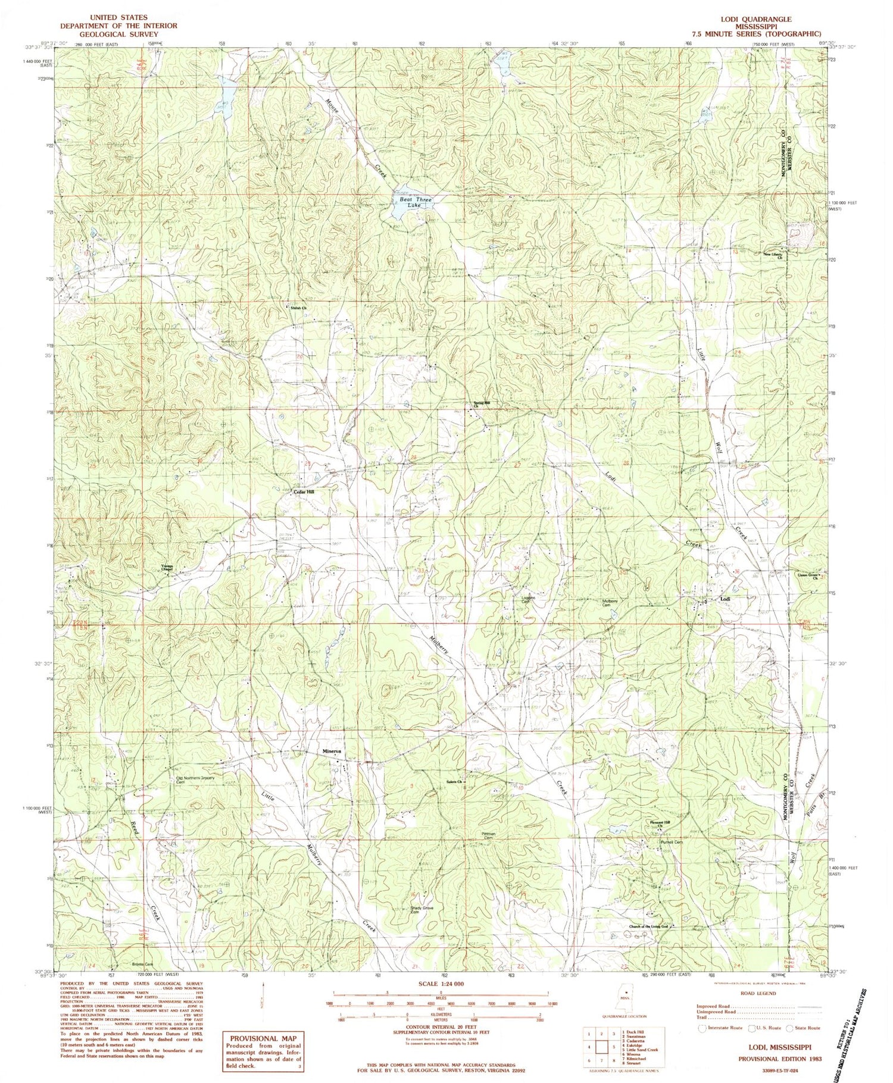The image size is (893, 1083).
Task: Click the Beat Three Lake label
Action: [x=415, y=202]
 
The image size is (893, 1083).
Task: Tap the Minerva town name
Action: [x=332, y=752]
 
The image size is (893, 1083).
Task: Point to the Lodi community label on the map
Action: [x=725, y=599]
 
